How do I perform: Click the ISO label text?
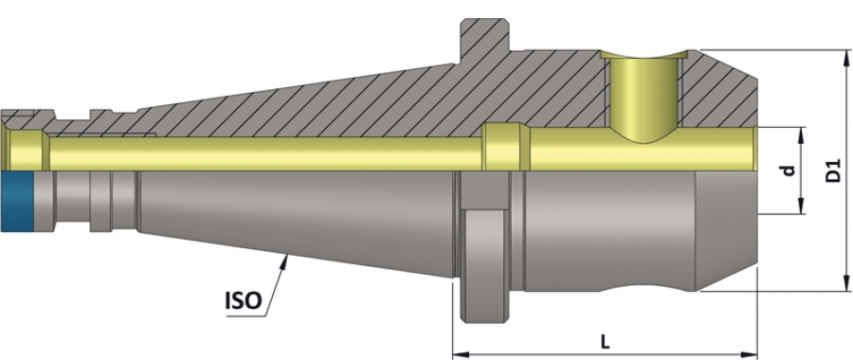[x=244, y=299]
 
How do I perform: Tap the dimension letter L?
[x=605, y=342]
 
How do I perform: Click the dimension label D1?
[x=834, y=171]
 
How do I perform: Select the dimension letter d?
[x=789, y=171]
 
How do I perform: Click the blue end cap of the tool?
[x=17, y=202]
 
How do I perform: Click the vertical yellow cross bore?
[x=644, y=97]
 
